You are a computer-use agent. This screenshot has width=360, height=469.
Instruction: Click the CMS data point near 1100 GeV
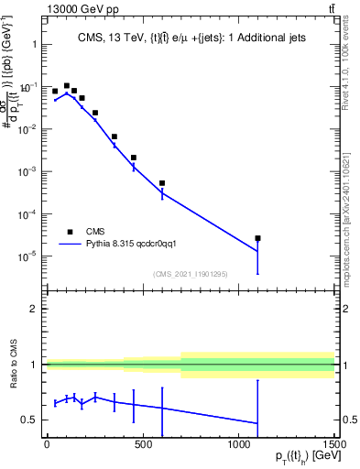(258, 238)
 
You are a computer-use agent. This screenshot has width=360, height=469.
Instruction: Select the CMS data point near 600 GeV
(162, 183)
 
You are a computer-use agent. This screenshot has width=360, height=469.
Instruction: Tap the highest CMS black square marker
(67, 86)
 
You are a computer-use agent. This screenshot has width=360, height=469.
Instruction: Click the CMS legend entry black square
(70, 232)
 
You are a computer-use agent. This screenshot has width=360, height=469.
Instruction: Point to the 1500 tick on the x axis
(334, 443)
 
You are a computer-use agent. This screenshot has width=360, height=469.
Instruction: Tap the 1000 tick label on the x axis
(238, 443)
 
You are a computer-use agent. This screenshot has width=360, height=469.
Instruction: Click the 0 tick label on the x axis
(47, 443)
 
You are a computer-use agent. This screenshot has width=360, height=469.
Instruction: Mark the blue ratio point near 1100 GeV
(258, 423)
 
